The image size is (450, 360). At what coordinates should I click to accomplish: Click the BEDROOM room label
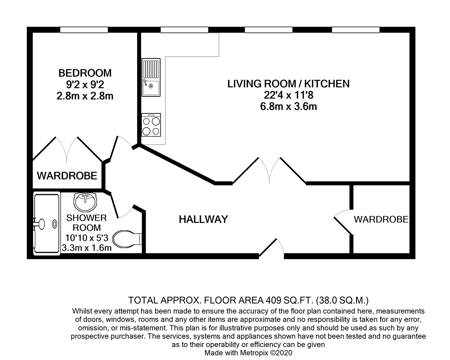(85, 73)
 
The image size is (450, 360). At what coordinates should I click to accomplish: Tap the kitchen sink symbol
(151, 77)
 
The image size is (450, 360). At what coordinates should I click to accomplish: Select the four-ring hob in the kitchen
(151, 125)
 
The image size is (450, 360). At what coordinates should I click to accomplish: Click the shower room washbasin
(85, 202)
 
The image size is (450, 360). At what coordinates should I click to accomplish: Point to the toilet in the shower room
(127, 239)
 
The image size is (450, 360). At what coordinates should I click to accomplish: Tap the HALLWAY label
(203, 219)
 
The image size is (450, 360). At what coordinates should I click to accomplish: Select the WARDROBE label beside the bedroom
(67, 176)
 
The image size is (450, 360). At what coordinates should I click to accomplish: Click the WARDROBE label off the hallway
(381, 219)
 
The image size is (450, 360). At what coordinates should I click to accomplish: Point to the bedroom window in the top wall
(84, 30)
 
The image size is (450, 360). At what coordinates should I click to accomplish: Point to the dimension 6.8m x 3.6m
(288, 107)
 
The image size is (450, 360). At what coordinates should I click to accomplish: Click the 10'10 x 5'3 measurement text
(86, 238)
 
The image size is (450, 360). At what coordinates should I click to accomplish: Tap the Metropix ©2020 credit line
(248, 353)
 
